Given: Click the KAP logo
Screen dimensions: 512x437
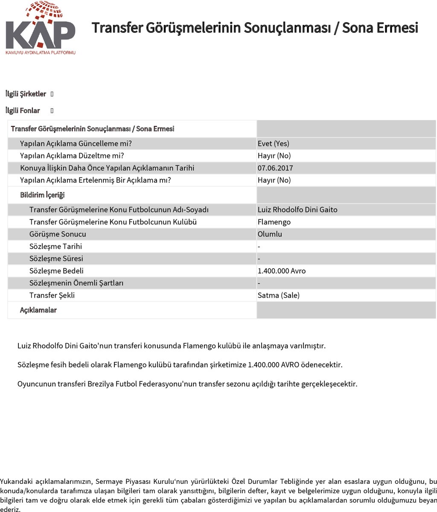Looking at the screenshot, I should (40, 29).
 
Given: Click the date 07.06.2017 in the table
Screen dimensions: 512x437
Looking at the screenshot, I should (275, 168).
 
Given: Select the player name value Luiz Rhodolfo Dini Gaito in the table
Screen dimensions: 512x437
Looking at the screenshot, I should (297, 210).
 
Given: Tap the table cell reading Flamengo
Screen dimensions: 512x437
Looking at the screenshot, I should (274, 222).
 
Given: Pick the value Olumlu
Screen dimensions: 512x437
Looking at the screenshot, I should (270, 234).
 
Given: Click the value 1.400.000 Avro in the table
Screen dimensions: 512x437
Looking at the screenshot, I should (282, 271).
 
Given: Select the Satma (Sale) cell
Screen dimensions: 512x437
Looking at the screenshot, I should (279, 296).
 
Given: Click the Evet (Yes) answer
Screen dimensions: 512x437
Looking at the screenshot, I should (274, 144).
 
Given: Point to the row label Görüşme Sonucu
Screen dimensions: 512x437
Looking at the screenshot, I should (58, 234).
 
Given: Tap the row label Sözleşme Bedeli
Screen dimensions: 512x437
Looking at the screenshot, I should (56, 271).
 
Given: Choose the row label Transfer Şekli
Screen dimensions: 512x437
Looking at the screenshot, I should (52, 296).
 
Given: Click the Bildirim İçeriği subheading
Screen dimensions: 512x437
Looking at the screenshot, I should (42, 195).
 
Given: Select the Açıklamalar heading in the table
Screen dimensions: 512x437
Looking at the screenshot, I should (38, 310).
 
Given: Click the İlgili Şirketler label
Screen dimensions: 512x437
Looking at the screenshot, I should (26, 94).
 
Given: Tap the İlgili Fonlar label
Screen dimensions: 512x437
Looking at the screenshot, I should (23, 111).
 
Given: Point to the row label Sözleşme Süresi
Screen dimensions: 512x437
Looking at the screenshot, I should (56, 259).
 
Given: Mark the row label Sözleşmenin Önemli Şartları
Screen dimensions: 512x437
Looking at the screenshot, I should (76, 283).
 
